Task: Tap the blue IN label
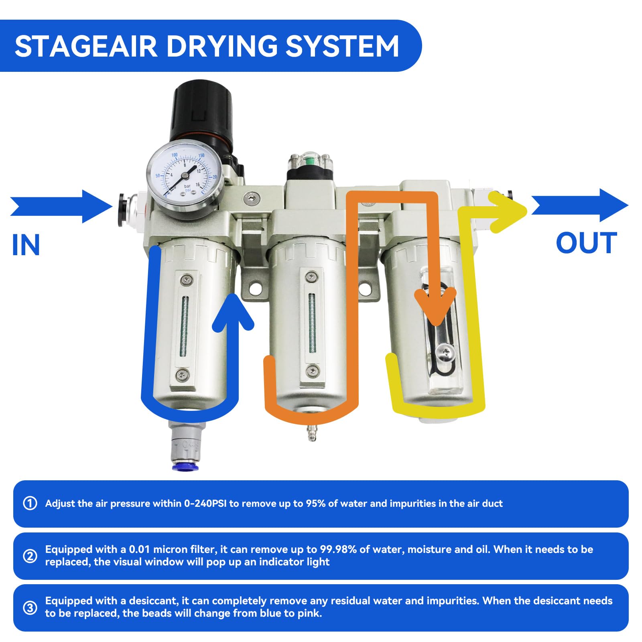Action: pyautogui.click(x=26, y=245)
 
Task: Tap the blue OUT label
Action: pyautogui.click(x=586, y=244)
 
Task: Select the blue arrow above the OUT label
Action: pyautogui.click(x=579, y=205)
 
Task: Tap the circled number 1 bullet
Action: pyautogui.click(x=30, y=503)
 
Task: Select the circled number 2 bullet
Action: pyautogui.click(x=30, y=556)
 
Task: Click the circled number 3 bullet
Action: pyautogui.click(x=30, y=607)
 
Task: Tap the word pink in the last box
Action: pyautogui.click(x=309, y=614)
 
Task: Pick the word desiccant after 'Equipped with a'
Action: pyautogui.click(x=153, y=601)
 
